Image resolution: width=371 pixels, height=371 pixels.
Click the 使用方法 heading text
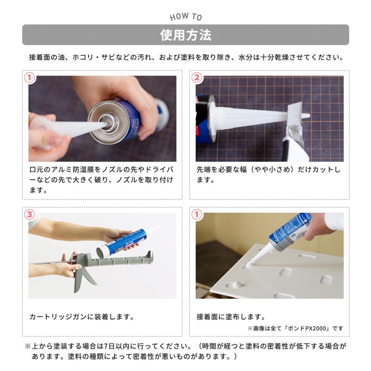185,35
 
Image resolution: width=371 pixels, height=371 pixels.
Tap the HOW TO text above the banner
186,16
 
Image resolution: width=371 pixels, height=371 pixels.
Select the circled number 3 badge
30,214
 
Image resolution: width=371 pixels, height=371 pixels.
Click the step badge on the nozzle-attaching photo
30,77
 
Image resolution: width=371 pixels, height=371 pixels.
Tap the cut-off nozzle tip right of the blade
306,116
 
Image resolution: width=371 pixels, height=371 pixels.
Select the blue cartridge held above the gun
122,243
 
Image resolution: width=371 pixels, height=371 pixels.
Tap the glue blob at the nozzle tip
249,265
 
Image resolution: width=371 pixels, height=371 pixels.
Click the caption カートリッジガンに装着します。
82,317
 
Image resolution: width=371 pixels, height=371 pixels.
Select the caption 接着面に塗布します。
231,317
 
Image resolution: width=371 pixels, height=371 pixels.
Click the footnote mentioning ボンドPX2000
295,329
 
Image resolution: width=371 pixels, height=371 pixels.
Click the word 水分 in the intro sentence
246,57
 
